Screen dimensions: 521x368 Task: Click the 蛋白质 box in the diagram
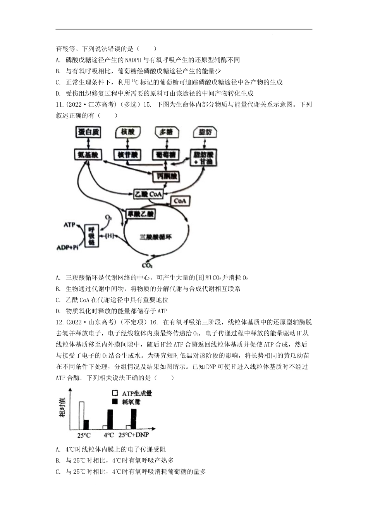[x=88, y=132]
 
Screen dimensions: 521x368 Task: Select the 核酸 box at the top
[x=128, y=132]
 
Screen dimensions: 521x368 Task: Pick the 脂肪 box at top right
[x=205, y=133]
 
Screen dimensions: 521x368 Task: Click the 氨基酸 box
[x=88, y=155]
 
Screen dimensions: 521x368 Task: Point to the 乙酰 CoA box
[x=147, y=193]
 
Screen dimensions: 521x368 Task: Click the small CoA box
[x=180, y=201]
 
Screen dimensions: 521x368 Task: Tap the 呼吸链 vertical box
[x=91, y=235]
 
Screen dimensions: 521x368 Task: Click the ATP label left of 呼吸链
[x=69, y=224]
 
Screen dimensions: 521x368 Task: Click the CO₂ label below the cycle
[x=147, y=266]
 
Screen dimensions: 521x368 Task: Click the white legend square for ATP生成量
[x=115, y=393]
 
